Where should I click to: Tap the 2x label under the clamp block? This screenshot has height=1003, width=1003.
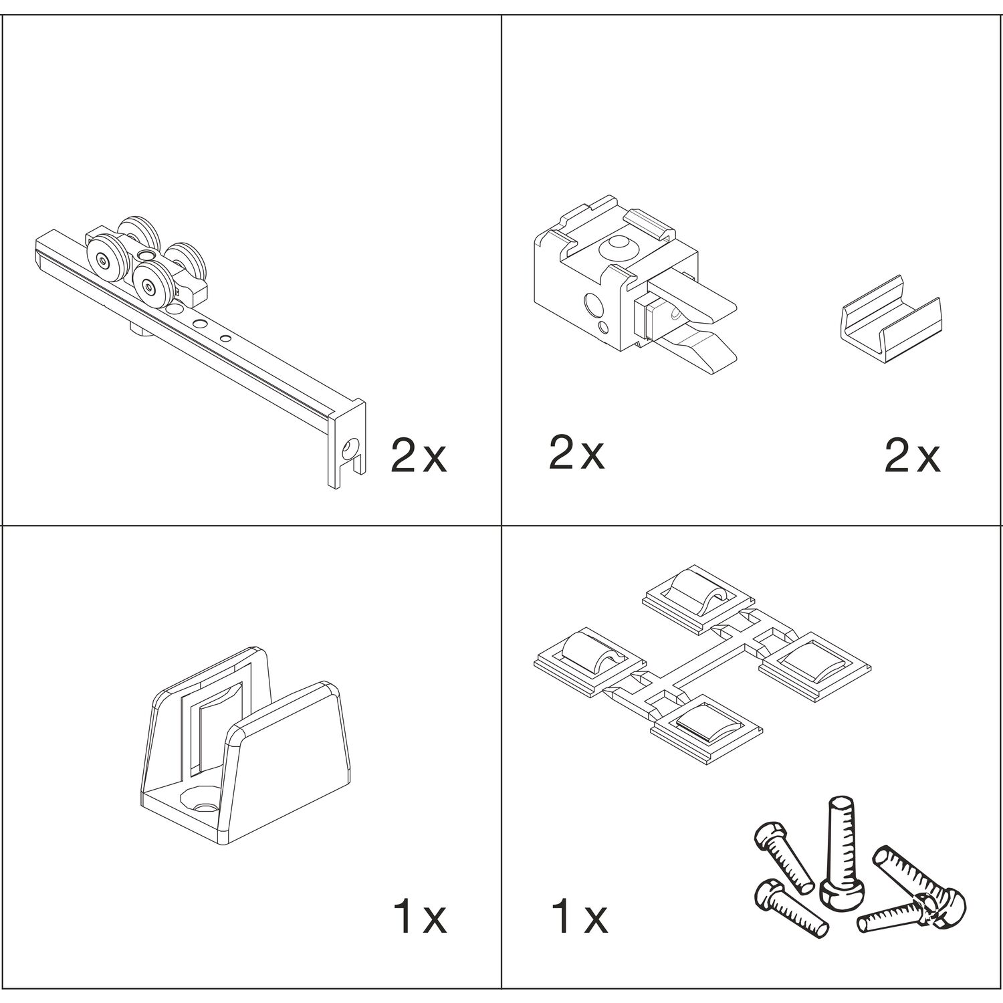[x=576, y=452]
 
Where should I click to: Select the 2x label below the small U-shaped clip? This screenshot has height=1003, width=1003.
[x=912, y=457]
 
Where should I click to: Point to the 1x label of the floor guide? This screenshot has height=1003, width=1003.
[x=419, y=916]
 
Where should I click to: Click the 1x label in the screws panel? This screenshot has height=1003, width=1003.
[x=580, y=916]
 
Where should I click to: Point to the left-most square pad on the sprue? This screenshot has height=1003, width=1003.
[x=588, y=662]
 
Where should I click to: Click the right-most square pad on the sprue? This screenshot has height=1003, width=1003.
[x=816, y=665]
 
